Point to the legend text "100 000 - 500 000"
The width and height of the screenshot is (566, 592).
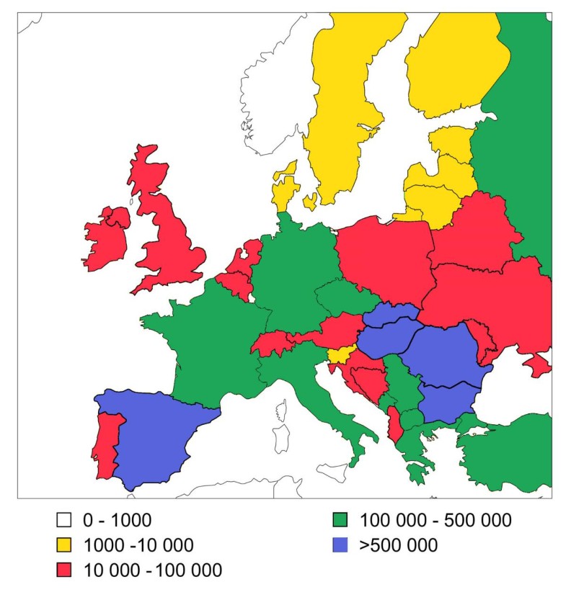(x=435, y=519)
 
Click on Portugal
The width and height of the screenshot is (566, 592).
(x=106, y=443)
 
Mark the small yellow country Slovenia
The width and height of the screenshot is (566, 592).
(x=340, y=354)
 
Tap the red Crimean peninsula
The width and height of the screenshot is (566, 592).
(x=537, y=365)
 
